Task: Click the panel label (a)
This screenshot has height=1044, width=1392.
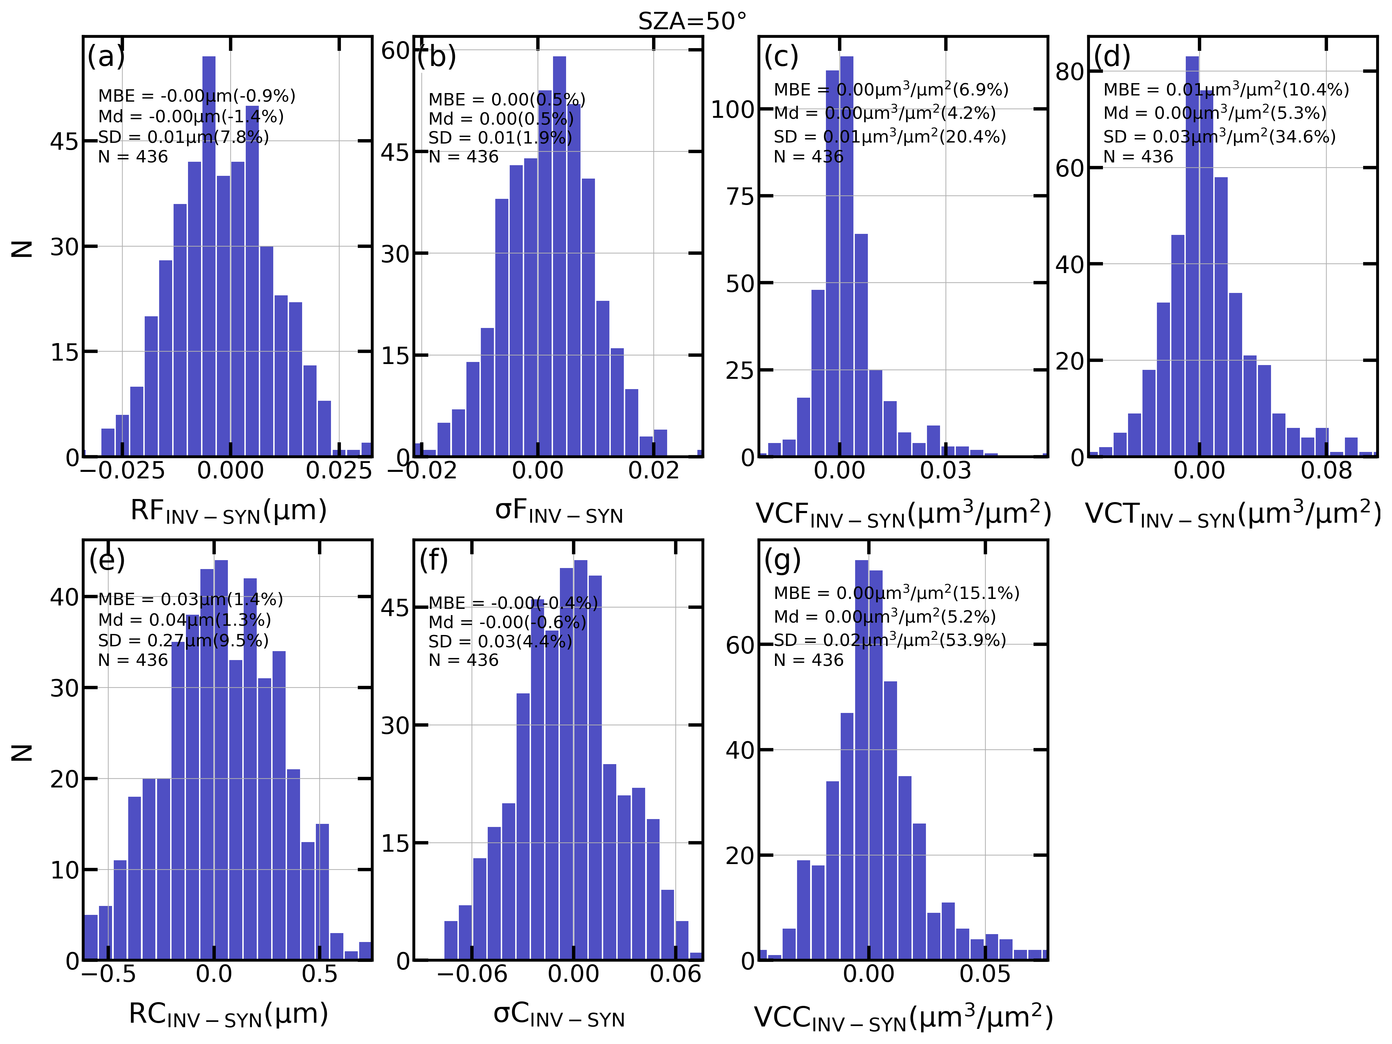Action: (x=106, y=57)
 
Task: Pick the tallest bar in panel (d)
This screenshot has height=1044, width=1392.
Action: (x=1192, y=252)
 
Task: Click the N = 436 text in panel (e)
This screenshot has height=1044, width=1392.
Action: (x=133, y=660)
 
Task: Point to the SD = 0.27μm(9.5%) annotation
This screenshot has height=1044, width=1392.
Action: (x=183, y=640)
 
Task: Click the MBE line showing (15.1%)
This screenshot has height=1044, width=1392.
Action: (x=896, y=593)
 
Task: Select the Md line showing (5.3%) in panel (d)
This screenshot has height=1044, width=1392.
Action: (x=1215, y=113)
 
